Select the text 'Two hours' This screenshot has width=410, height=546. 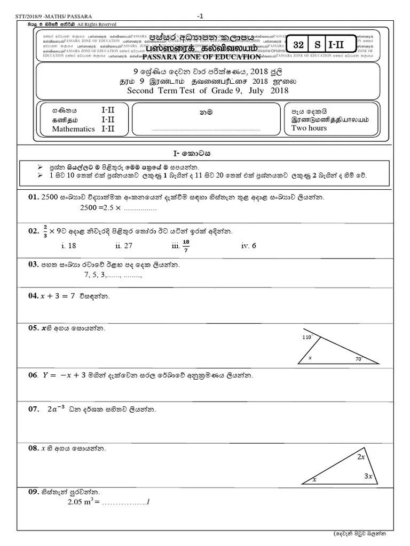click(309, 128)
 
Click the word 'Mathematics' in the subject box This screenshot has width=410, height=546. click(73, 129)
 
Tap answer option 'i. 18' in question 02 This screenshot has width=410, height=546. click(69, 246)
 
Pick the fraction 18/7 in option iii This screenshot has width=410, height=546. click(186, 245)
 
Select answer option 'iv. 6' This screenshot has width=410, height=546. click(249, 246)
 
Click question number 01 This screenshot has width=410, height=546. click(34, 198)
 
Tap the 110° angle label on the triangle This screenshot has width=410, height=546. click(306, 338)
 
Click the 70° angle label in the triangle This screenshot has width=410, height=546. click(358, 359)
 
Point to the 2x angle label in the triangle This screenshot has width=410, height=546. click(361, 457)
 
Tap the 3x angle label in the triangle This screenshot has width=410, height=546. click(368, 476)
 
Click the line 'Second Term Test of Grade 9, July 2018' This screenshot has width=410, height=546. click(208, 91)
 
